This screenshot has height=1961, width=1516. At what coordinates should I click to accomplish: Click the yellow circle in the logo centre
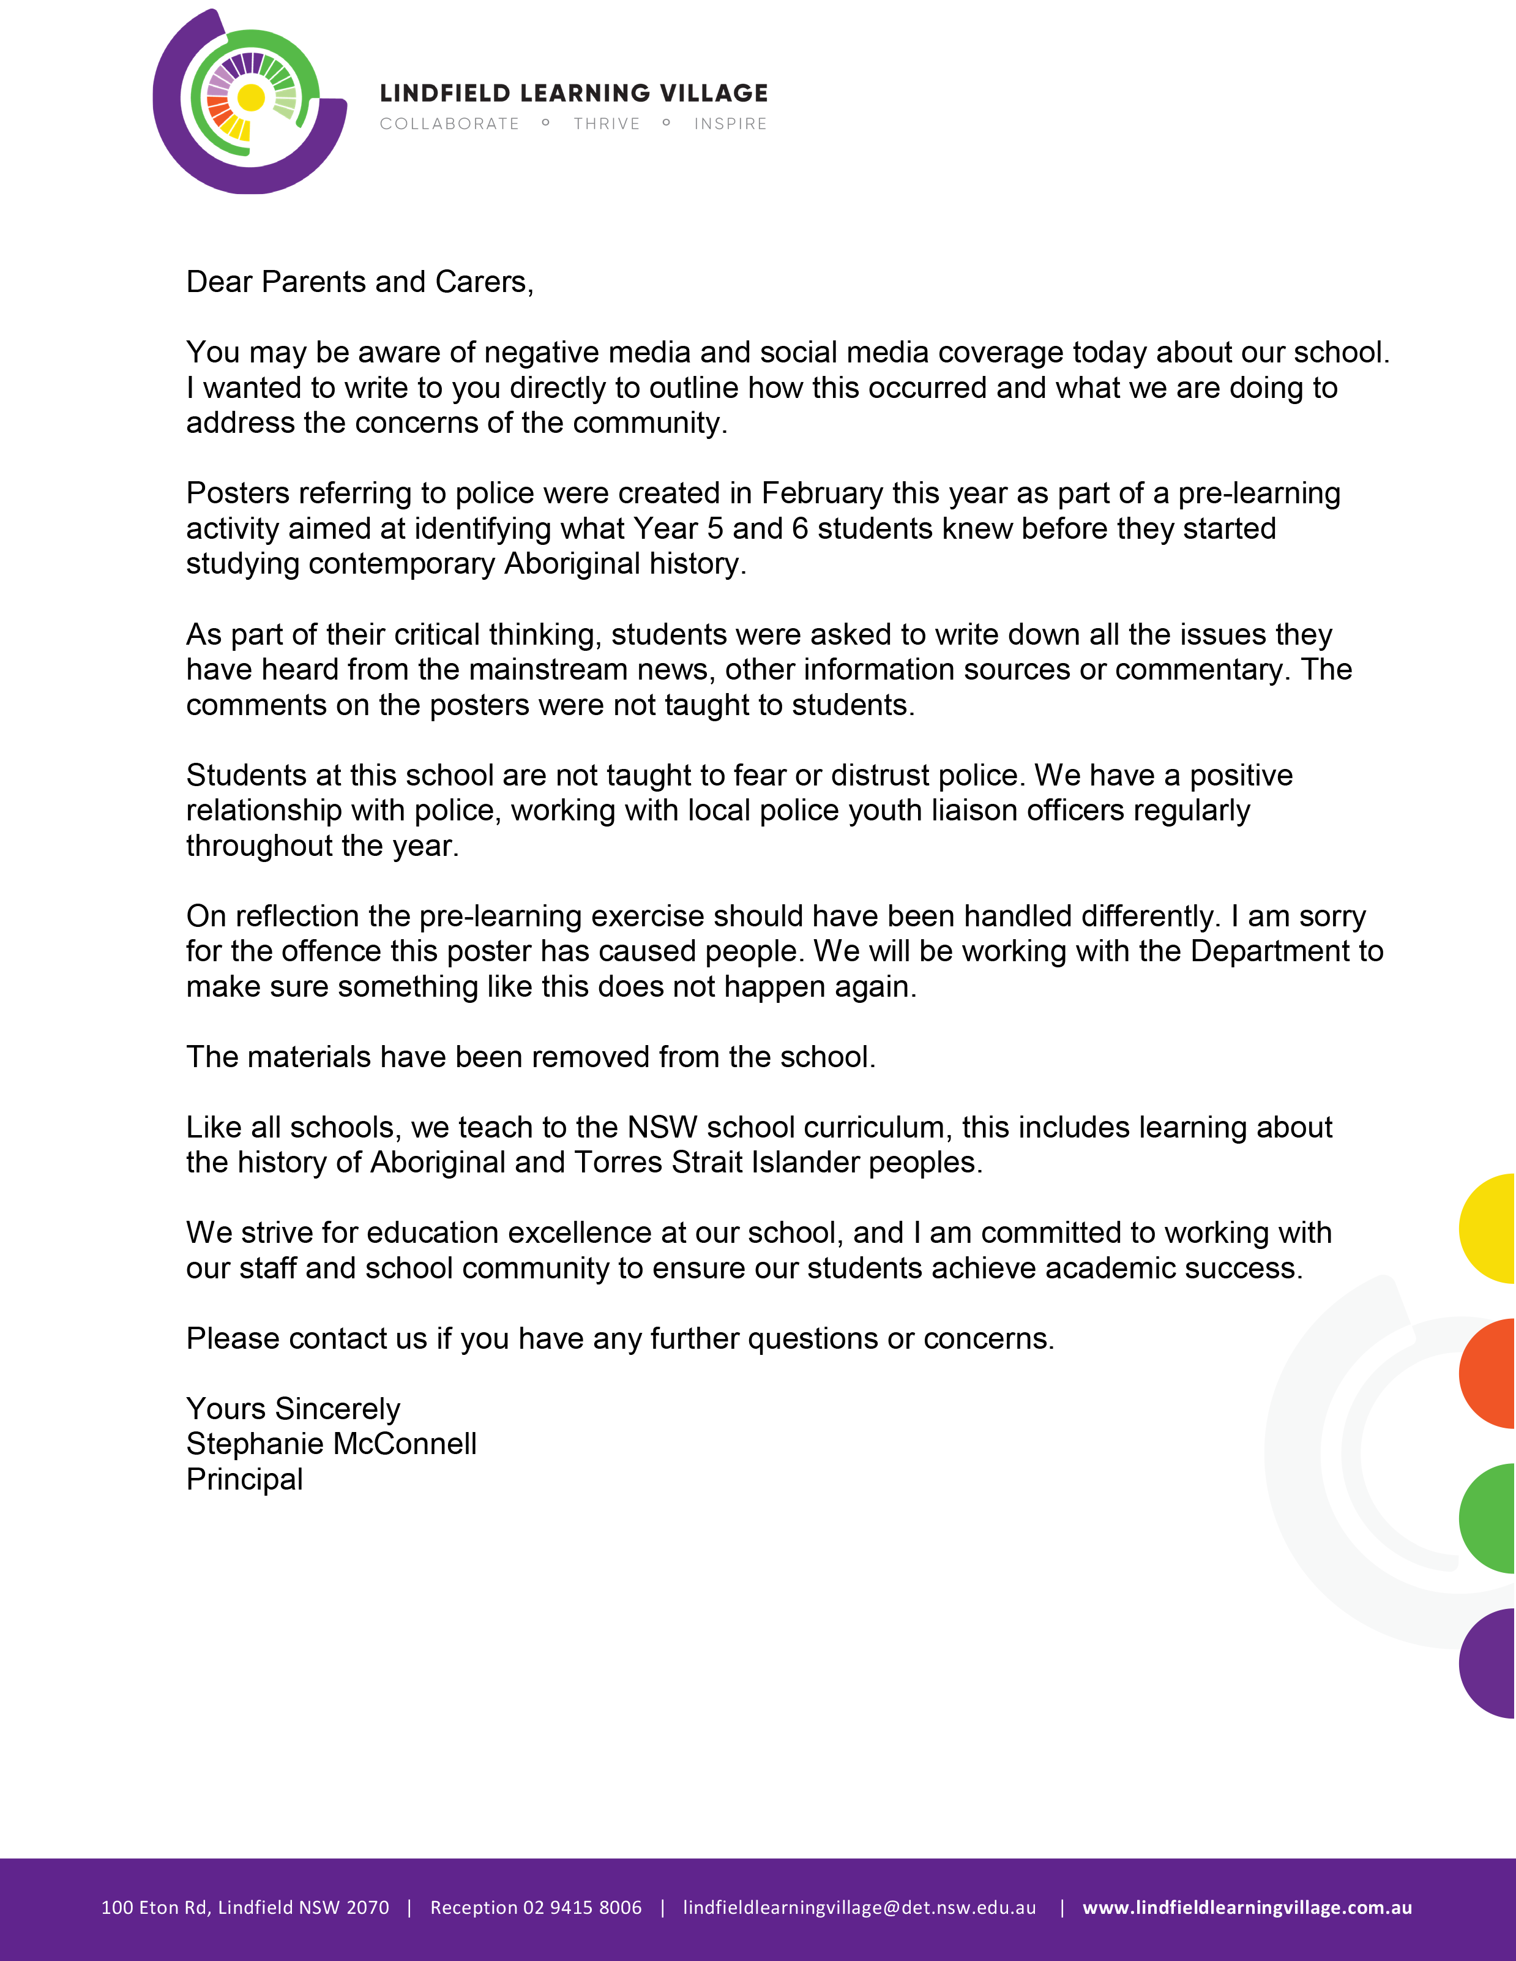click(252, 97)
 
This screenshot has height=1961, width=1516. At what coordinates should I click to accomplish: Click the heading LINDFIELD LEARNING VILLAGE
click(573, 94)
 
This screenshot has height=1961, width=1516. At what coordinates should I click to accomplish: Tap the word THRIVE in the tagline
click(607, 124)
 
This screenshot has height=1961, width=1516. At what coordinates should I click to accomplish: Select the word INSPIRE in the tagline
click(730, 124)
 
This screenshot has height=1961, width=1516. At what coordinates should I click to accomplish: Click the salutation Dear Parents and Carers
click(359, 282)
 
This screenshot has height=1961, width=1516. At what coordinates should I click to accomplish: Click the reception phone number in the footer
click(536, 1907)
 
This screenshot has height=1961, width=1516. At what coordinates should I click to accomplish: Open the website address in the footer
click(1247, 1907)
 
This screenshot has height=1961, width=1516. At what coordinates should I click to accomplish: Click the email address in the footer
click(859, 1907)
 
